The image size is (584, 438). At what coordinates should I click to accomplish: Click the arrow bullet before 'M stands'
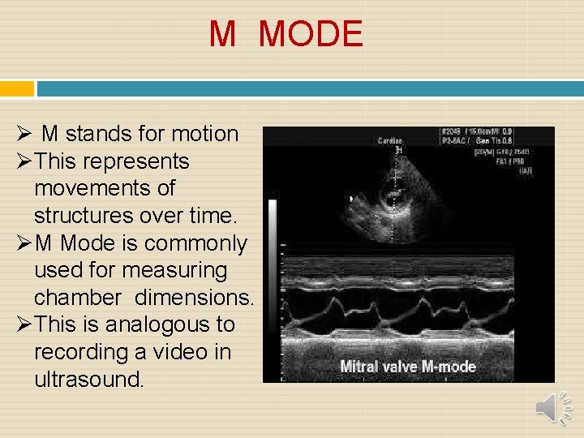pyautogui.click(x=24, y=134)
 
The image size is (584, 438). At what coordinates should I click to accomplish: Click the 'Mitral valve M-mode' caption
pyautogui.click(x=408, y=366)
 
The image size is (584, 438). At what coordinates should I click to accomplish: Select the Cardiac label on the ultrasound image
pyautogui.click(x=390, y=141)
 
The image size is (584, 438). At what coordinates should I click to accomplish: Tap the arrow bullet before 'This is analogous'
pyautogui.click(x=24, y=324)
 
